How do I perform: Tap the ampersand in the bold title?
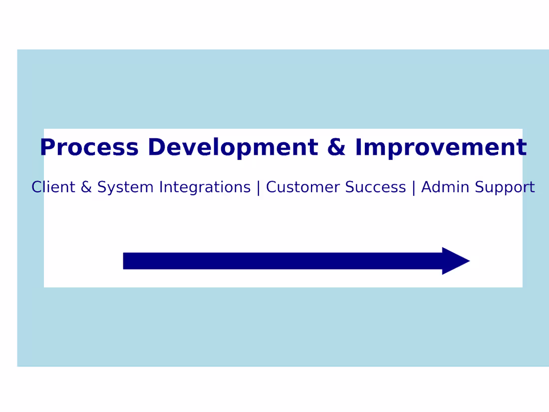tap(336, 147)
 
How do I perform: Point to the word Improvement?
tap(441, 147)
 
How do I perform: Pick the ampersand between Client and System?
tap(86, 187)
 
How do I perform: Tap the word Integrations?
tap(205, 187)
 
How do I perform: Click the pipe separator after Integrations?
tap(258, 188)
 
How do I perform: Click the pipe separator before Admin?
tap(414, 188)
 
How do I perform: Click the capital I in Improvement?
tap(359, 147)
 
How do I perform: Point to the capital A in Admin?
tap(427, 187)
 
